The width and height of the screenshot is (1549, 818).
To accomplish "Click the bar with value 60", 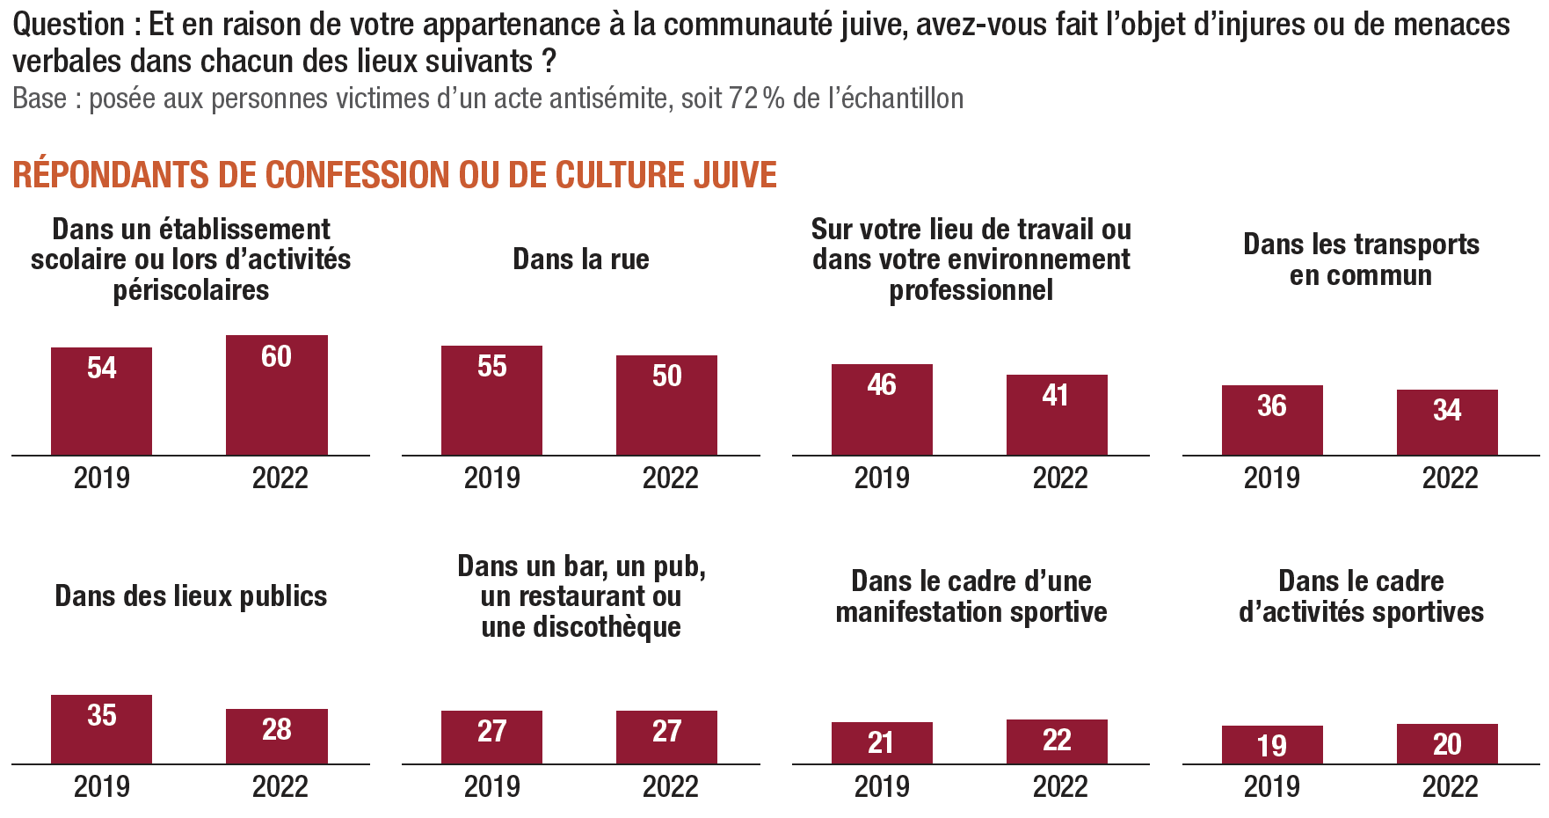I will click(x=276, y=395).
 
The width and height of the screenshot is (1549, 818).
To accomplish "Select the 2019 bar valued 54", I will click(x=101, y=401).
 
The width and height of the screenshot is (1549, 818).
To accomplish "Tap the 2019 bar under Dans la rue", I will click(x=491, y=400).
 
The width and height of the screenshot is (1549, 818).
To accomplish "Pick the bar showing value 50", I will click(x=666, y=405).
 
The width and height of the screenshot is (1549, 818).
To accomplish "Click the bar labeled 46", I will click(x=882, y=409).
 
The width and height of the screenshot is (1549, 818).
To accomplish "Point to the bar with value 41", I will click(x=1057, y=414).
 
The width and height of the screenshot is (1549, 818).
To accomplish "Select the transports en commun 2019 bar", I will click(x=1272, y=420).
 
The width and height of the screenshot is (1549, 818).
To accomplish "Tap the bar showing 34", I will click(x=1447, y=422).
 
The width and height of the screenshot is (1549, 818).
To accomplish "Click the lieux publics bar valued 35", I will click(x=101, y=729).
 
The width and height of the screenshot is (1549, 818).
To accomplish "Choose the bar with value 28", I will click(x=276, y=736).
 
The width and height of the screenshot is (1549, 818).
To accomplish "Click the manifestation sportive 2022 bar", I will click(x=1057, y=741).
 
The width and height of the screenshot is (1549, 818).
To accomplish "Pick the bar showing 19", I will click(x=1272, y=745).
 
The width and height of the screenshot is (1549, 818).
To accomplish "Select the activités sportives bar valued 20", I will click(x=1447, y=744).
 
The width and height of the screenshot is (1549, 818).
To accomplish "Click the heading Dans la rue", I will click(x=580, y=259).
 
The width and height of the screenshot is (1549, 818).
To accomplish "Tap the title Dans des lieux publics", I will click(x=191, y=596).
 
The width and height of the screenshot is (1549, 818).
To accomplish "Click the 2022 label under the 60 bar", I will click(x=280, y=478).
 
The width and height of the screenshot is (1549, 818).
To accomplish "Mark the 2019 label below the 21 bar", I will click(x=882, y=786).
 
